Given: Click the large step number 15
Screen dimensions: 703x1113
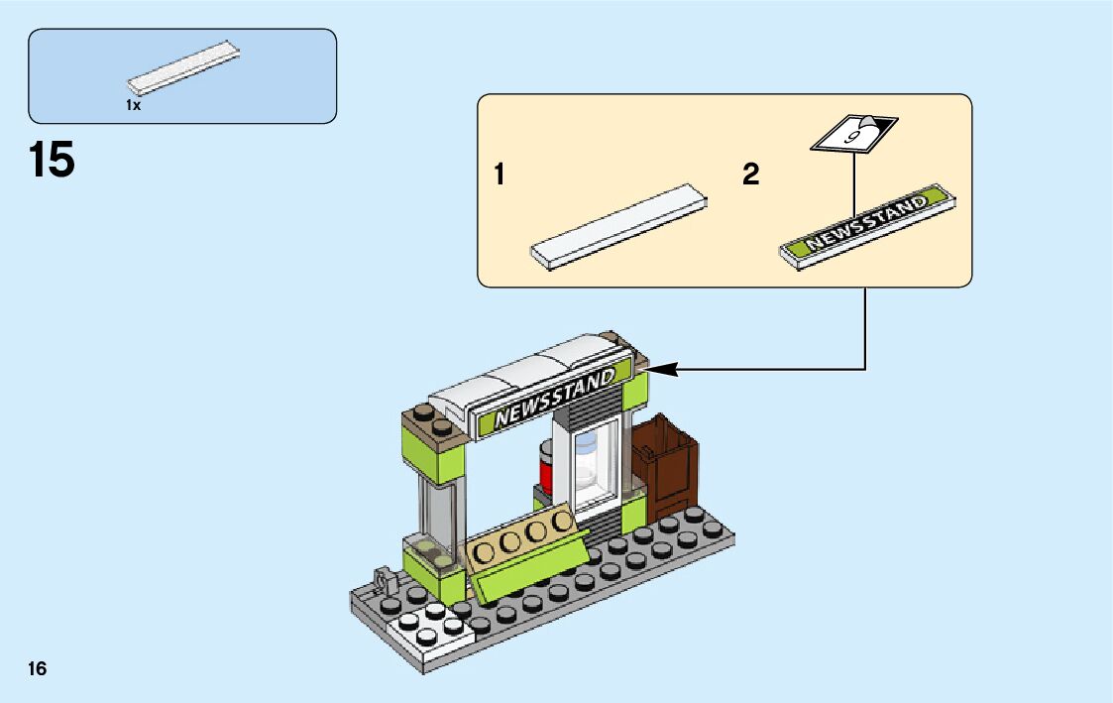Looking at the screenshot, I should click(x=53, y=160).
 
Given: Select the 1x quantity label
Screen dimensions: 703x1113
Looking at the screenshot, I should click(x=134, y=104).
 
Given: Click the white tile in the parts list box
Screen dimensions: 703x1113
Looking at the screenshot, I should click(x=185, y=69).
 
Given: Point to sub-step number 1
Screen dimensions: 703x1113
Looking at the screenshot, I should click(x=501, y=176).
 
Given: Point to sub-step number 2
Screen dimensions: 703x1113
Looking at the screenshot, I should click(x=750, y=176).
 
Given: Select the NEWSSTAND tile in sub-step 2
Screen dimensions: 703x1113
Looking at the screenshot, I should click(x=869, y=225).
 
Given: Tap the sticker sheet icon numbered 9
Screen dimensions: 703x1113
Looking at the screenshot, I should click(x=853, y=135).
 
